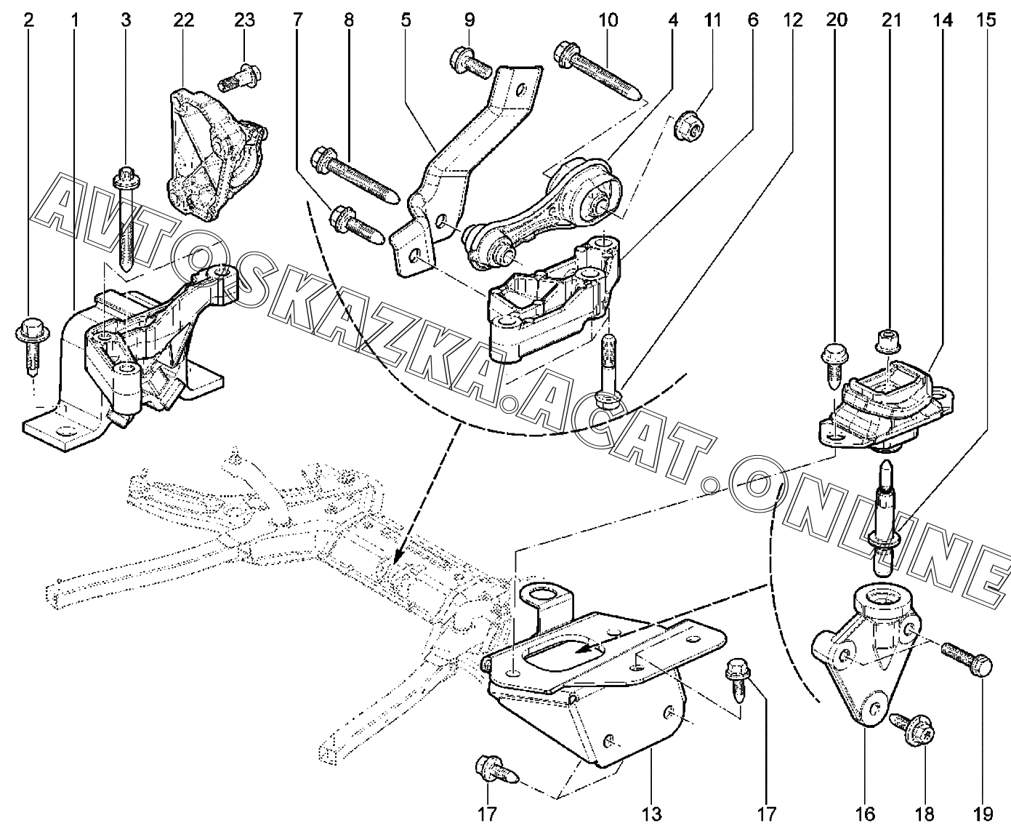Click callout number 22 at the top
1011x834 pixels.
coord(184,20)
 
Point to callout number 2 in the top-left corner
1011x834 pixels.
coord(29,20)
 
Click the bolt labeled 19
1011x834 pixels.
coord(966,659)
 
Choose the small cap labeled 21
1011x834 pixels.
coord(887,340)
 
